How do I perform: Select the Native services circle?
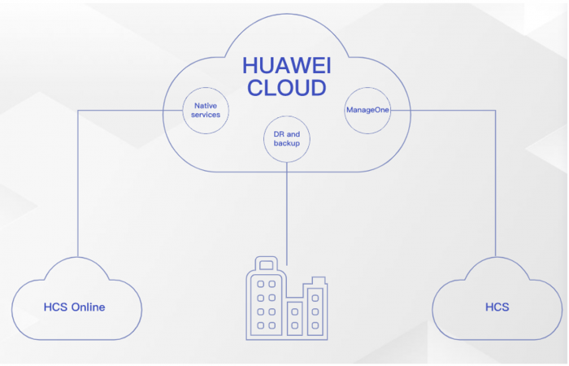pos(206,110)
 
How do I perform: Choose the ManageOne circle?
pos(367,110)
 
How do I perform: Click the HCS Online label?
pos(75,307)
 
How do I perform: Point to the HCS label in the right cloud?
pos(497,307)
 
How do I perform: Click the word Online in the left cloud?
pos(89,307)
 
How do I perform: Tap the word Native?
pos(206,105)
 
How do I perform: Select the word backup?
pos(287,143)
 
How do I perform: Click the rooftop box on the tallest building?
pos(266,264)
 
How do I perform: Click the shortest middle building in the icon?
pos(295,320)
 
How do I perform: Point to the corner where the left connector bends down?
pos(78,110)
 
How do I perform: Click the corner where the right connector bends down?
pos(495,110)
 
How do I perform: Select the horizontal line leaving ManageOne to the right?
pos(443,110)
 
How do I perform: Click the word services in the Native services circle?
pos(206,115)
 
